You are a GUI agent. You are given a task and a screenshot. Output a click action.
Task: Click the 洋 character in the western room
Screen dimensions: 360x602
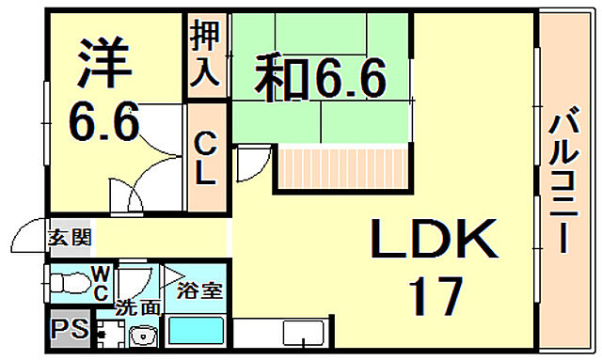[x=99, y=62]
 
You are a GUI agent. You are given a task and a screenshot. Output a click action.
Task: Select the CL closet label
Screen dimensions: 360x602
[x=205, y=157]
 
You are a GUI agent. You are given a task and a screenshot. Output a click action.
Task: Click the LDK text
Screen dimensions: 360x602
[x=433, y=243]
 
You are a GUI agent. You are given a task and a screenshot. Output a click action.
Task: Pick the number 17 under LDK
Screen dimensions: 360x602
[x=435, y=296]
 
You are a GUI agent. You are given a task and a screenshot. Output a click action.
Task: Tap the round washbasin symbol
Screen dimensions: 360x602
[x=144, y=334]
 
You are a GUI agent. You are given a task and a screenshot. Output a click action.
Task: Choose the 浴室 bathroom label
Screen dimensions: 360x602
[x=200, y=290]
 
